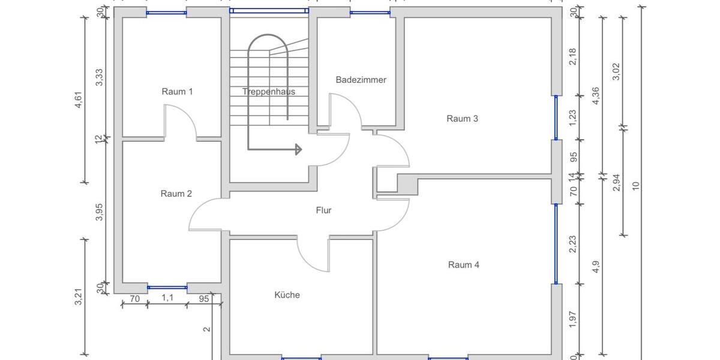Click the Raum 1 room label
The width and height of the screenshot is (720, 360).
pos(177,92)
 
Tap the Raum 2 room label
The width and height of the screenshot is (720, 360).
pos(176,194)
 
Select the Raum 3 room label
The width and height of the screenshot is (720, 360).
pos(462,119)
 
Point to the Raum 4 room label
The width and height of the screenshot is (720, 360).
pos(463,265)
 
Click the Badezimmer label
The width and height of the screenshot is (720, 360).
pos(361,80)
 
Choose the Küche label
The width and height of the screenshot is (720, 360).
pos(287,295)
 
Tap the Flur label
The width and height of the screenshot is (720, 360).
pos(323,210)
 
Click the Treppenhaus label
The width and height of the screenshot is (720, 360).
pos(268,92)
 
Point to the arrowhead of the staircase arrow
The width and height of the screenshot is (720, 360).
pos(298,149)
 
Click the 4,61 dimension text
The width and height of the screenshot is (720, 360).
pos(78,97)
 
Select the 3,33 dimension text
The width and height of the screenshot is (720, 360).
pos(100,77)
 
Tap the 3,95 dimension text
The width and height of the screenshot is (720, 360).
pos(100,212)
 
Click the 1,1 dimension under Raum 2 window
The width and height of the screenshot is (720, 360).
pos(167,298)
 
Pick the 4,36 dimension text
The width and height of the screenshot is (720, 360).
pos(595,96)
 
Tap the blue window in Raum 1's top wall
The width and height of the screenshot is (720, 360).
pos(167,13)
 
